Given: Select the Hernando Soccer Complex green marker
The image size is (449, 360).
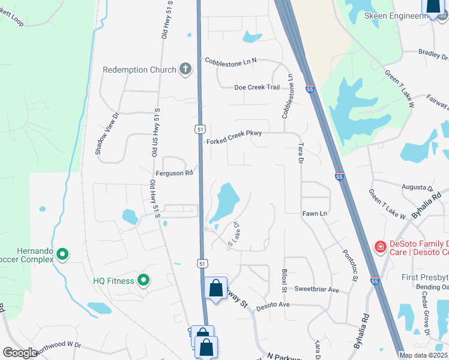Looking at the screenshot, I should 62,256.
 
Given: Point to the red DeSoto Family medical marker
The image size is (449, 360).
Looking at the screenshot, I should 379,247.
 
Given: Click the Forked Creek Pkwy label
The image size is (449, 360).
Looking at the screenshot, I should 234,141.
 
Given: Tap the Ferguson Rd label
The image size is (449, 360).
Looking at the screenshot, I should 174,173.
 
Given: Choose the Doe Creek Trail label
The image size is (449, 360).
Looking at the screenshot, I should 257,87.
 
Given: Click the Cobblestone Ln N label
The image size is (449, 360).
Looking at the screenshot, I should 231,61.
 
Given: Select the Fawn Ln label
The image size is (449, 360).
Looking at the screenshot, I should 314,213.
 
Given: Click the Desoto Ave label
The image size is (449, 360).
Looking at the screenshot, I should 273,305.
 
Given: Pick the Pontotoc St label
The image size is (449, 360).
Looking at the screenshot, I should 350,265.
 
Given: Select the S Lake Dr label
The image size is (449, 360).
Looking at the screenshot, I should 234,234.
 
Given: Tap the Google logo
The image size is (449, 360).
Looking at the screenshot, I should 20,353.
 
